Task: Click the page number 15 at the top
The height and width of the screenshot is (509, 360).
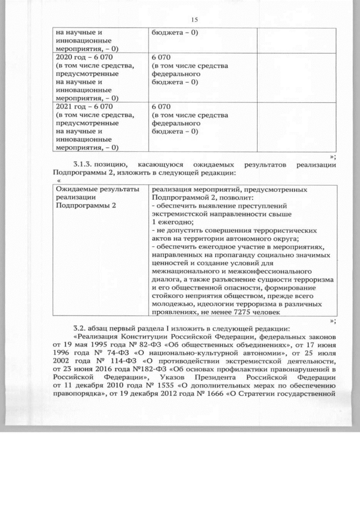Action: tap(195, 20)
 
